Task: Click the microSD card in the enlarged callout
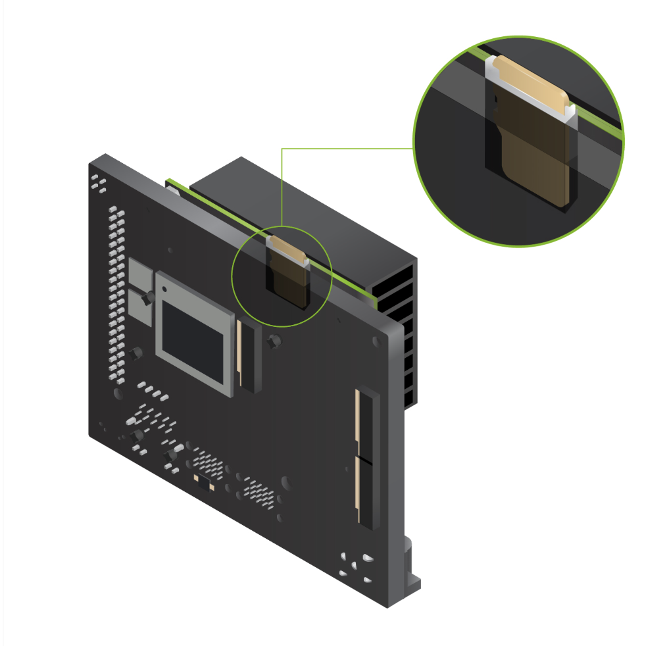pyautogui.click(x=534, y=138)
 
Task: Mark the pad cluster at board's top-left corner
pyautogui.click(x=99, y=184)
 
